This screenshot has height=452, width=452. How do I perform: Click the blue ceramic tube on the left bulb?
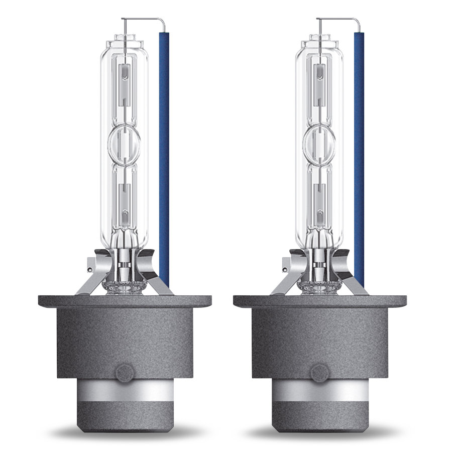(164, 151)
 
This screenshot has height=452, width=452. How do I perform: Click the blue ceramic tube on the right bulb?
(359, 151)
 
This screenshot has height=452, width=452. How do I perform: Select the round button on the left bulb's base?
(124, 373)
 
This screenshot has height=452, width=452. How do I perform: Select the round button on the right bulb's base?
(319, 373)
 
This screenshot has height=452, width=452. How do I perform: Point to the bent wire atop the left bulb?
(143, 20)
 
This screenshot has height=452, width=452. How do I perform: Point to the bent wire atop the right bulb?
(338, 20)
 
